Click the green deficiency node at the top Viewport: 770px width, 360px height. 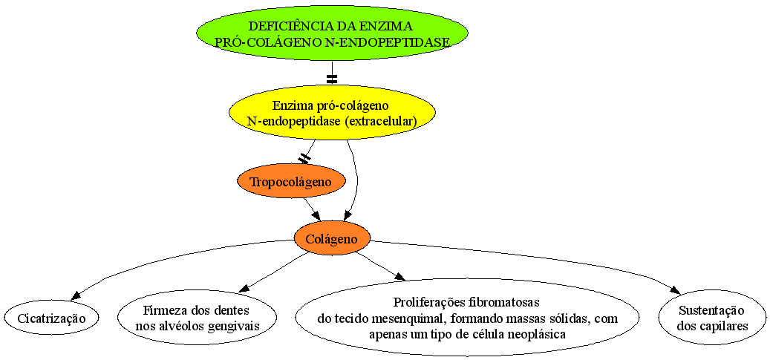(333, 33)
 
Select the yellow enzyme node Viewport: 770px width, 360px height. (333, 114)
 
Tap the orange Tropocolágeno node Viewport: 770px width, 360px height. (291, 182)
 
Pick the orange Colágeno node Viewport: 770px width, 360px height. (333, 239)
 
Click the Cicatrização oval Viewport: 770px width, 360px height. (51, 318)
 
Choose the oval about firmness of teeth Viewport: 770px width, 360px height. (197, 318)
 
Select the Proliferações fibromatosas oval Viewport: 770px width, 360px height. (467, 318)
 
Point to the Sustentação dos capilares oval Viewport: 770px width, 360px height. (711, 318)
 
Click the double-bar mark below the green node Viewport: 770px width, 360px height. (333, 78)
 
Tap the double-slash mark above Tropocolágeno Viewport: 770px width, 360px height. (304, 158)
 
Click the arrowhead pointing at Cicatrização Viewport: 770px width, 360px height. (76, 295)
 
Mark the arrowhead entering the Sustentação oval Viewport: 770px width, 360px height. (675, 290)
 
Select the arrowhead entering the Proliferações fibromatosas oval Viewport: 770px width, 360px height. (400, 277)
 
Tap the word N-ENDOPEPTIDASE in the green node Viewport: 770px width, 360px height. (388, 42)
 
